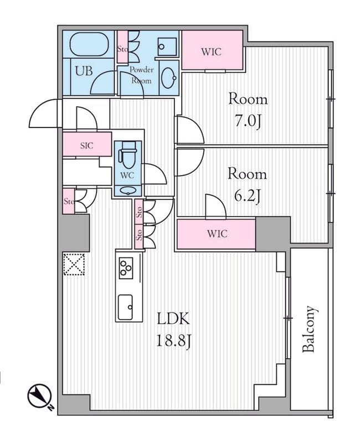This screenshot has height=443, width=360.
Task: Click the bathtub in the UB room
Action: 89,44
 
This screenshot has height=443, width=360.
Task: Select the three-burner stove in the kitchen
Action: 126,267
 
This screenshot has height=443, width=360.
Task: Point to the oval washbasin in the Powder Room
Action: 169,78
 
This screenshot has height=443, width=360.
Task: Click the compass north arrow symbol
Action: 40,396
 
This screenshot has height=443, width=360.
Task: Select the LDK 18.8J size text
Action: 173,330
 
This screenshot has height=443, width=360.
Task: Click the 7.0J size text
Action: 247,122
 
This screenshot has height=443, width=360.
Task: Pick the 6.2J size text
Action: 246,197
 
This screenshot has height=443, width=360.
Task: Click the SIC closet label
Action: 86,146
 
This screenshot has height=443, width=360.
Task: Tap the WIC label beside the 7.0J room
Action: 211,52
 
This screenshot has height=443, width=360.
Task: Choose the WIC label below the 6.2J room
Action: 217,234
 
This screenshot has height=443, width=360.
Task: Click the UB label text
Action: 84,71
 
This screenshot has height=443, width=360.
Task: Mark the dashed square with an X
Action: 74,264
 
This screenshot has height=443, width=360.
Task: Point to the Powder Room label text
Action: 142,75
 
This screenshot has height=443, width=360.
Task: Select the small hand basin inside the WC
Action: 128,191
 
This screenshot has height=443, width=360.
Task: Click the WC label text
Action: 127,176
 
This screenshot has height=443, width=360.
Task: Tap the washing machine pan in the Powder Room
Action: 167,47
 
